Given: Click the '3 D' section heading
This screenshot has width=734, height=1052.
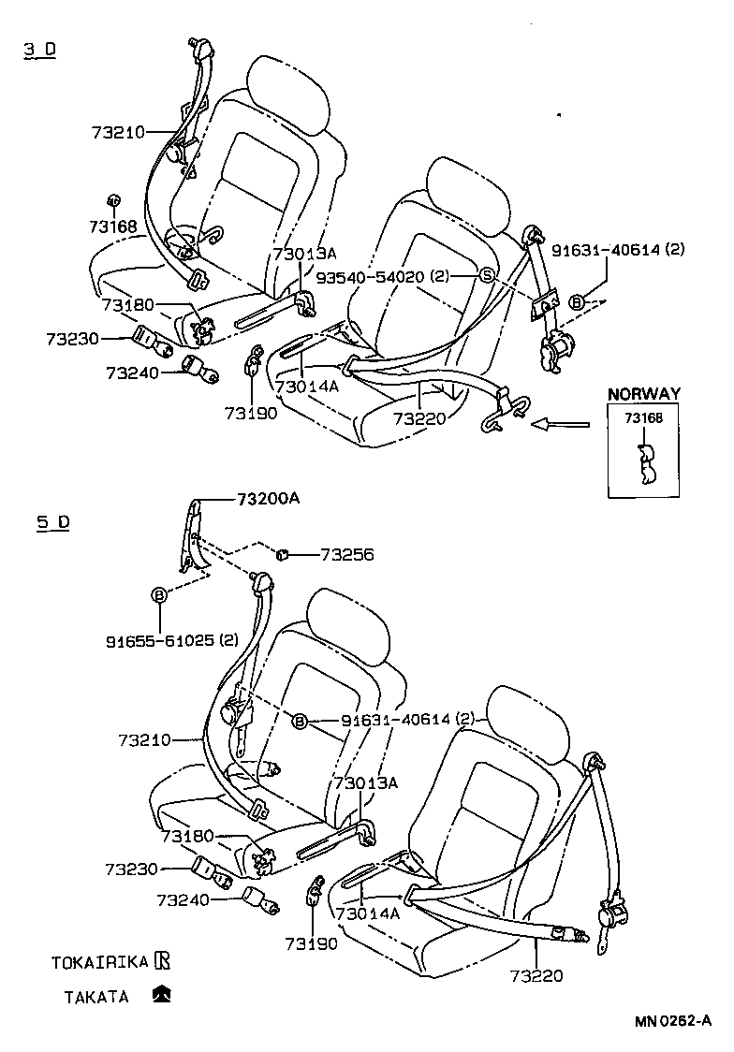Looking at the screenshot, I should [x=40, y=50].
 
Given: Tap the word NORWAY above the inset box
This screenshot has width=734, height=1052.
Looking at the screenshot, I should [x=643, y=394].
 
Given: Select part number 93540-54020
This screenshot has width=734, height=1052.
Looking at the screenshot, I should [x=370, y=276].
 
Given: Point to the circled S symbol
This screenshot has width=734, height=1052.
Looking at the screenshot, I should [x=487, y=275].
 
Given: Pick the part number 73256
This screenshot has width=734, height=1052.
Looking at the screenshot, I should [x=346, y=555].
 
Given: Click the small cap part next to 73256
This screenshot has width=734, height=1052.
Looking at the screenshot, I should [x=280, y=556].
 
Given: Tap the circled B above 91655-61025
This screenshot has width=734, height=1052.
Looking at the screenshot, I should [x=159, y=594].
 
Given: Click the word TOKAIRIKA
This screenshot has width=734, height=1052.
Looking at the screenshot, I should [x=100, y=962].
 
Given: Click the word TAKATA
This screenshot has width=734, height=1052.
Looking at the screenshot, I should [x=96, y=997].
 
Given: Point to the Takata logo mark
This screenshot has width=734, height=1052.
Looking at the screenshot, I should [x=162, y=995].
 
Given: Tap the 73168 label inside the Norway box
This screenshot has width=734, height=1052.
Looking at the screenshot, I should [x=643, y=418].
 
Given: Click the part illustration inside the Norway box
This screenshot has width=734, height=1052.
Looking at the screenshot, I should [x=644, y=464].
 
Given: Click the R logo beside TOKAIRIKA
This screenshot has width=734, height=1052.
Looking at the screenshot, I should [x=163, y=960].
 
